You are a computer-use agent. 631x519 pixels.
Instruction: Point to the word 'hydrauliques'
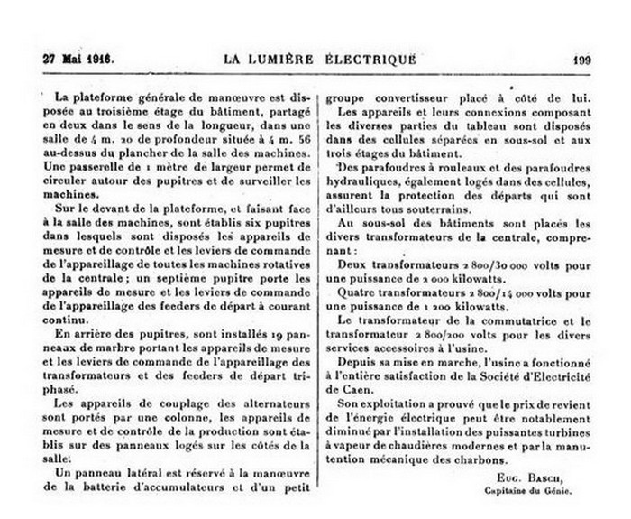(370, 181)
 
